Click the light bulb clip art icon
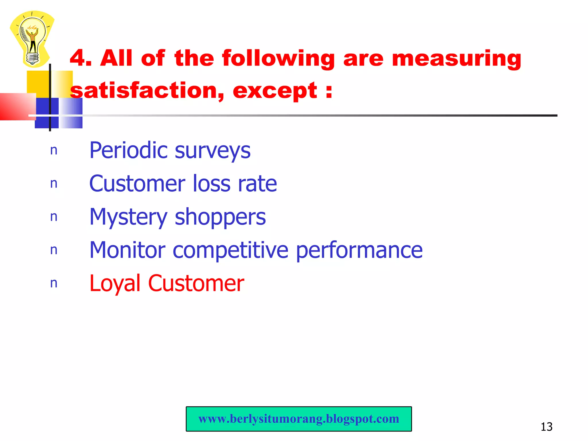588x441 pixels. pyautogui.click(x=32, y=39)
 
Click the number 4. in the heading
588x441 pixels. pyautogui.click(x=81, y=58)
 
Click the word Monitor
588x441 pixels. pyautogui.click(x=127, y=250)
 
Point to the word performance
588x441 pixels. pyautogui.click(x=359, y=251)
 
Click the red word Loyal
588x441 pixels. pyautogui.click(x=115, y=284)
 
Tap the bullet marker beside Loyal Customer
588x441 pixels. pyautogui.click(x=54, y=283)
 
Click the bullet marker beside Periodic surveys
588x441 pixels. pyautogui.click(x=54, y=150)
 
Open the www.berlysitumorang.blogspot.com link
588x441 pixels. pyautogui.click(x=299, y=419)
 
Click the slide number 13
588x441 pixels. pyautogui.click(x=546, y=427)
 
